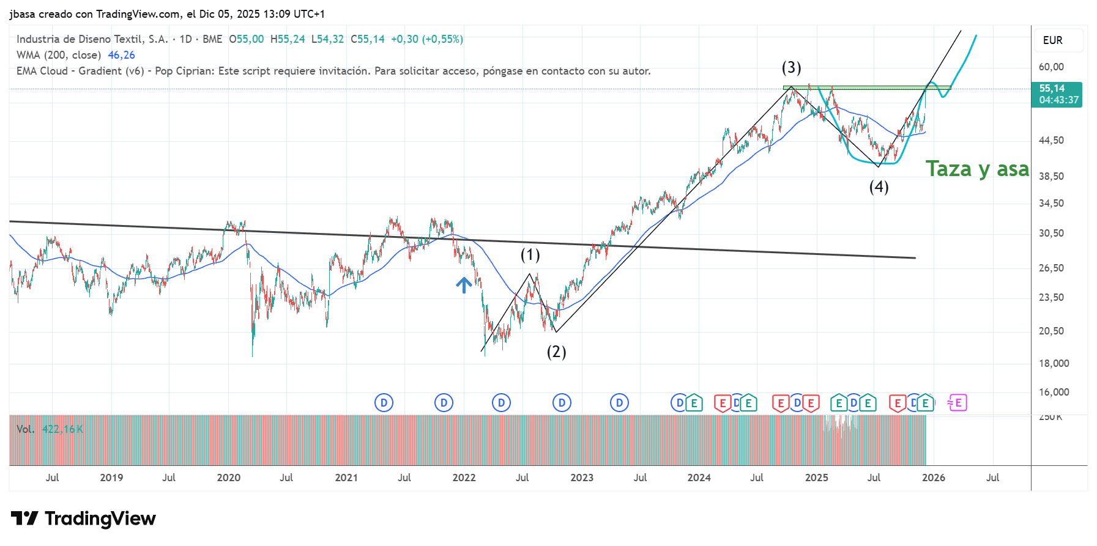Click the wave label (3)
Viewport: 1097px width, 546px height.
tap(791, 67)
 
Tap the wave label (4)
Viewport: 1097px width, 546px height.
tap(879, 186)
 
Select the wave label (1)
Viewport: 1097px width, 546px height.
tap(530, 254)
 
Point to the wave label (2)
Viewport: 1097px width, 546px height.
tap(556, 352)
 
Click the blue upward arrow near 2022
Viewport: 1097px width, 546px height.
tap(464, 284)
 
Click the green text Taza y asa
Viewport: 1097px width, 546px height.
tap(977, 169)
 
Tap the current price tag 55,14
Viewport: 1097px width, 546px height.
tap(1056, 94)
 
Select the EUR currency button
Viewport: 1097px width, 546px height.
tap(1052, 40)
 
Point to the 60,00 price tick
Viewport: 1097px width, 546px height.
tap(1051, 67)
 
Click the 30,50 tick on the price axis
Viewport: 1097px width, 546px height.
tap(1051, 233)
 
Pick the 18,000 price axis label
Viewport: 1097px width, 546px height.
tap(1054, 363)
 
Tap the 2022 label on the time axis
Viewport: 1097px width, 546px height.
tap(464, 478)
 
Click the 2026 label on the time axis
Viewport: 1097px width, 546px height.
tap(933, 478)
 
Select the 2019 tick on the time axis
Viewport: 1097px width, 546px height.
tap(111, 478)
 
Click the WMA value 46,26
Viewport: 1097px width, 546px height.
tap(121, 55)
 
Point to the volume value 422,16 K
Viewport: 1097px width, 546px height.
tap(62, 429)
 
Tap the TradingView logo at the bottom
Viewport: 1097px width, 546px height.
tap(83, 518)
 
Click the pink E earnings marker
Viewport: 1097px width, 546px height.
tap(958, 403)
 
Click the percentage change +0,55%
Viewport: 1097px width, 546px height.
tap(442, 39)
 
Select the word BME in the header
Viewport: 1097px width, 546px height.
tap(212, 39)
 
